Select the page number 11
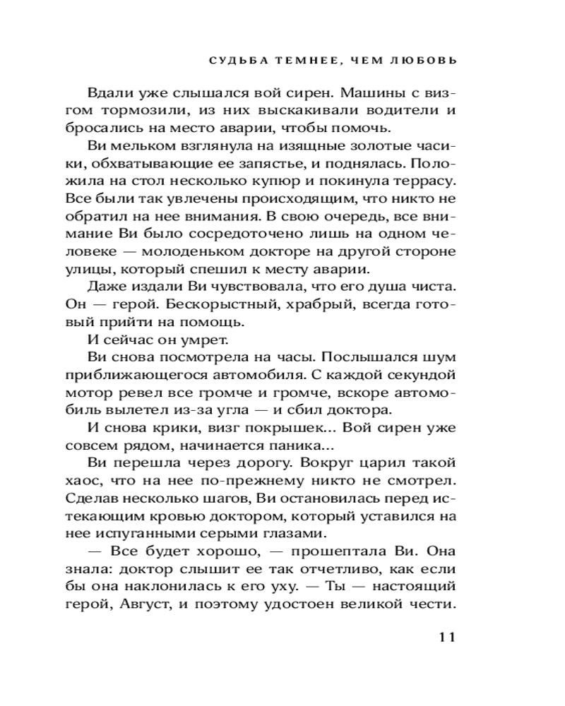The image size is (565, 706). point(447,638)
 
